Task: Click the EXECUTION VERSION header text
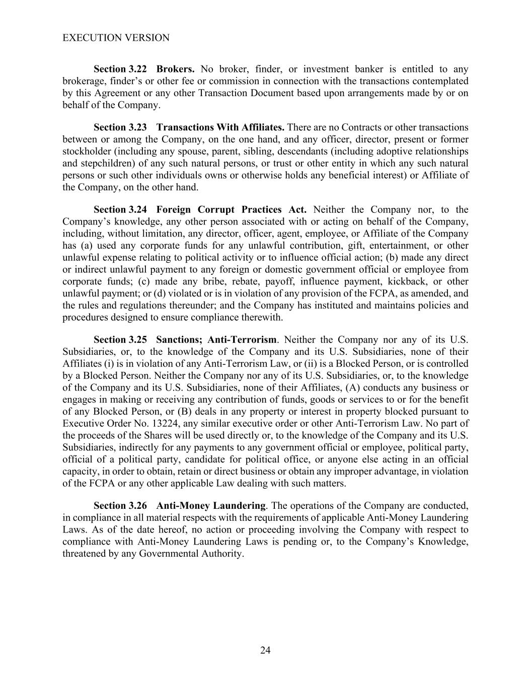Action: pyautogui.click(x=116, y=38)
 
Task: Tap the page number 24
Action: pyautogui.click(x=265, y=650)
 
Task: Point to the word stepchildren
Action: pyautogui.click(x=105, y=163)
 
